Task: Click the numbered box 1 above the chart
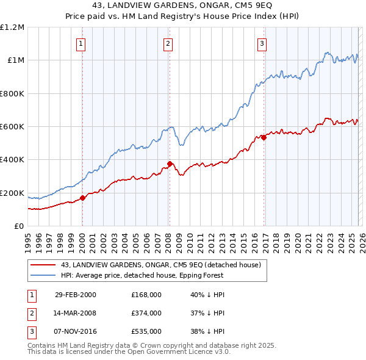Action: point(81,43)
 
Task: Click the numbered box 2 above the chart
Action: point(168,43)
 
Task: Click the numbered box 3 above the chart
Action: point(262,43)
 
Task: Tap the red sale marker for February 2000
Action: point(83,198)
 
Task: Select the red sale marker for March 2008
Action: point(170,164)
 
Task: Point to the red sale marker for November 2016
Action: point(264,137)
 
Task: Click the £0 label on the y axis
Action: point(20,226)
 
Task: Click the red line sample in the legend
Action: point(43,265)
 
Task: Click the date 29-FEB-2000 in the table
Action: point(76,295)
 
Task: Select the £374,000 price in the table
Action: point(146,313)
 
